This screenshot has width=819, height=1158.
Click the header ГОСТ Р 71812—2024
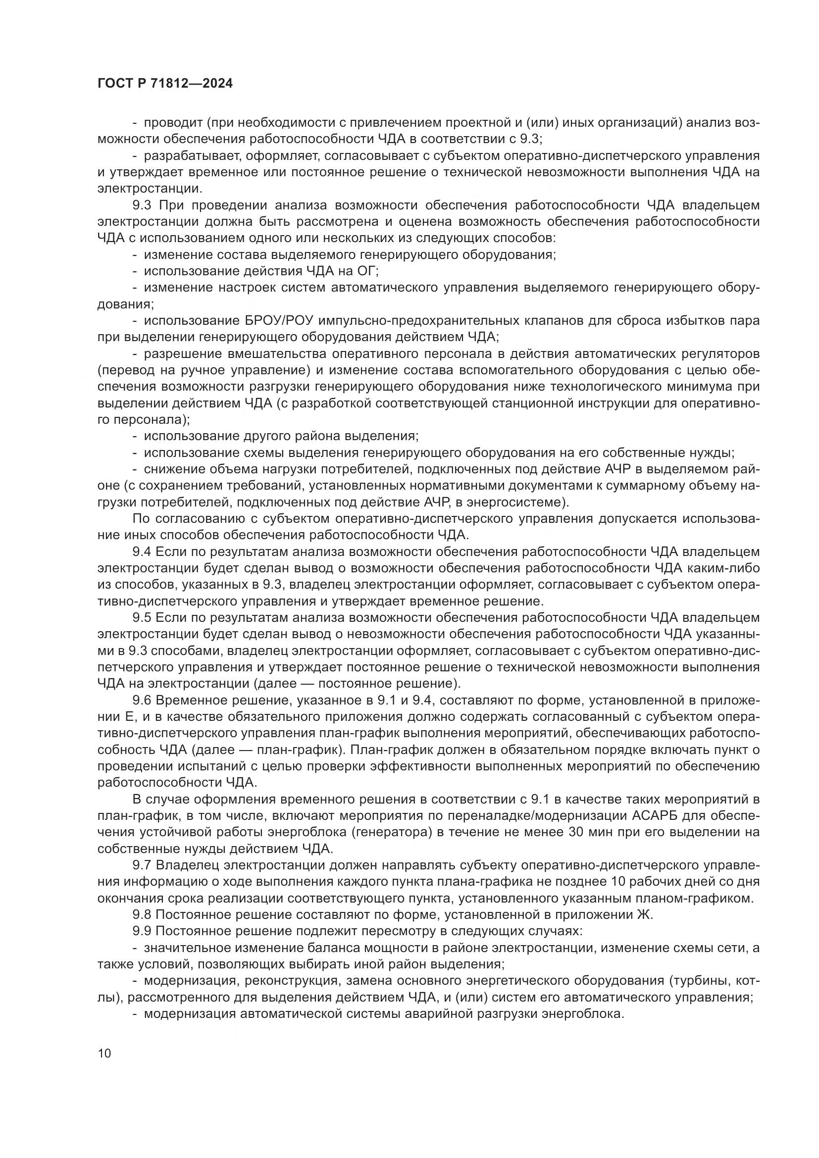point(165,84)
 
